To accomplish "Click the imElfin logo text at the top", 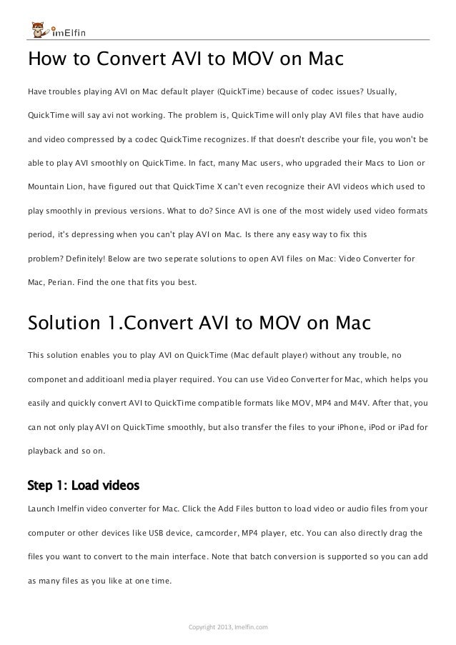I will coord(69,32).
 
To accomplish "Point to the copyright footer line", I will coord(227,628).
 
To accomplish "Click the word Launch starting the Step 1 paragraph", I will coord(41,509).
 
